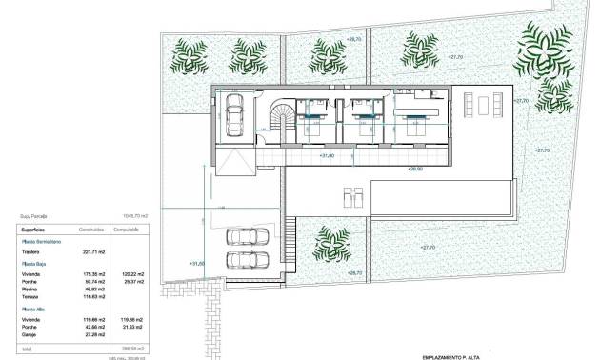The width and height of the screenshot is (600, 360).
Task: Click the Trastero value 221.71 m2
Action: pyautogui.click(x=95, y=251)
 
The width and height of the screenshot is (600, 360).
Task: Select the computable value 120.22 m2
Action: pyautogui.click(x=133, y=274)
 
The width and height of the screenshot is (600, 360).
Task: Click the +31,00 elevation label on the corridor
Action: pyautogui.click(x=326, y=153)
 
